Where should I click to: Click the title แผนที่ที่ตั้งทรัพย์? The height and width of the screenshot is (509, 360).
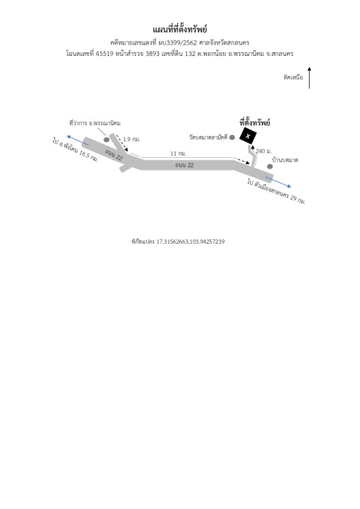[x=180, y=29]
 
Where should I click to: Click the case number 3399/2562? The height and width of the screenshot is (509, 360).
[x=181, y=43]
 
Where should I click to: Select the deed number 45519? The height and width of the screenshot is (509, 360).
[x=104, y=53]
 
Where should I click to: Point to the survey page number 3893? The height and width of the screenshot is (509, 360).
[x=152, y=53]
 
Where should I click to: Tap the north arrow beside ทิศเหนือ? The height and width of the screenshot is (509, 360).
[x=309, y=78]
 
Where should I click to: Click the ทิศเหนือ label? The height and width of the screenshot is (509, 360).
[x=293, y=77]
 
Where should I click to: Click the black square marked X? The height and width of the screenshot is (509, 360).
[x=248, y=136]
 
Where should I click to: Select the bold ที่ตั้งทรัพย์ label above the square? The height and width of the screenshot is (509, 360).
[x=255, y=122]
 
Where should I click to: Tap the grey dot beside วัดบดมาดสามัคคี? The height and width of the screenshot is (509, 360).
[x=232, y=137]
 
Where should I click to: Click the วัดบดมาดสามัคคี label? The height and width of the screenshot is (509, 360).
[x=208, y=137]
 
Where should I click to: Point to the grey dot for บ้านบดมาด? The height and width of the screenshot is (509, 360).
[x=270, y=167]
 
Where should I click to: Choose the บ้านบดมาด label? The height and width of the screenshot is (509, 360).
[x=285, y=160]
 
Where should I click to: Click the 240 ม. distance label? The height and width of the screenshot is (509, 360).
[x=263, y=151]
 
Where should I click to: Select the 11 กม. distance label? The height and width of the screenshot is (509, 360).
[x=178, y=153]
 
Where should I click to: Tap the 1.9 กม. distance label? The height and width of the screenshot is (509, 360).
[x=132, y=139]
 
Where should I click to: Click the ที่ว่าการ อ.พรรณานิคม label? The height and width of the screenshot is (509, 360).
[x=95, y=123]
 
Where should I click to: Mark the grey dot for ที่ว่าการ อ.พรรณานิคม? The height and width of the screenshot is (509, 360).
[x=106, y=139]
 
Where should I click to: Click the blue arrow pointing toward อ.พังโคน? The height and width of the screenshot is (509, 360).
[x=78, y=140]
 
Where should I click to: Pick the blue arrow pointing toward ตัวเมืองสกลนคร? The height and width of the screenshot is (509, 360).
[x=278, y=182]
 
